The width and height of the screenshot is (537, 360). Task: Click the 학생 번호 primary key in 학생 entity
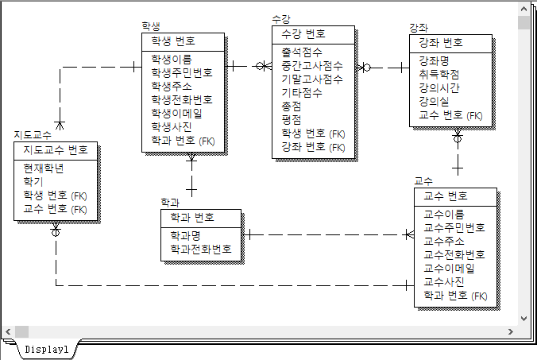172,41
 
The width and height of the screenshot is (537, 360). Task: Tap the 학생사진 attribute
172,126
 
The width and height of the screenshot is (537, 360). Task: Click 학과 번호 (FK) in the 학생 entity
182,141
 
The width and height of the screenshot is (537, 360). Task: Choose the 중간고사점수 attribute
312,65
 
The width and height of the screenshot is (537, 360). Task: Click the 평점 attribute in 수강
292,119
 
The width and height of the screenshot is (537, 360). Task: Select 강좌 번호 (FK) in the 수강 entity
313,147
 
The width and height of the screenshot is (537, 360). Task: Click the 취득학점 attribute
438,74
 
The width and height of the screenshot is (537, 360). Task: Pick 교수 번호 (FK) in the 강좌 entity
450,115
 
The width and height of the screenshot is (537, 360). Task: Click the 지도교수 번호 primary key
56,150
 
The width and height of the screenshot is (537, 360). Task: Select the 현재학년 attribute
44,168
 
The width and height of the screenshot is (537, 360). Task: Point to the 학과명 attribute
185,235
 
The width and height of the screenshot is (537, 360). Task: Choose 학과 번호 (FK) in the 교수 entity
455,296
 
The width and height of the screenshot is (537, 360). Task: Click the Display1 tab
46,349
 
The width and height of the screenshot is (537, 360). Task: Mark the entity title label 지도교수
33,135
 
